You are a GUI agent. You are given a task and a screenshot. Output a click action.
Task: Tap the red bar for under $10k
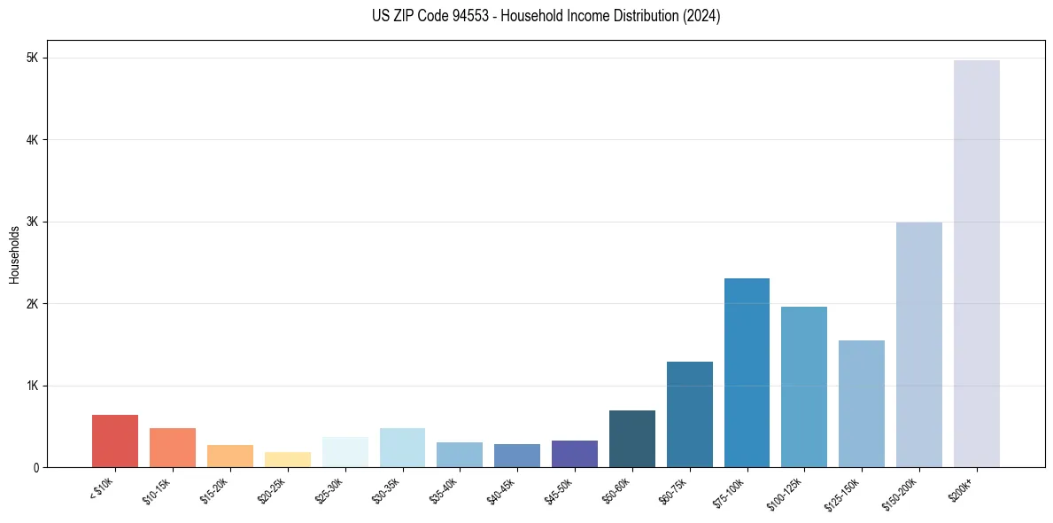[115, 441]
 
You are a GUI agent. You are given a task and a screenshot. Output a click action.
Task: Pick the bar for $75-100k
[747, 372]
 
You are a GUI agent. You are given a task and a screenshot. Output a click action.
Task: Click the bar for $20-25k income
[287, 459]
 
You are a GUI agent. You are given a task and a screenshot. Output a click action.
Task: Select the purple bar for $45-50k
[574, 453]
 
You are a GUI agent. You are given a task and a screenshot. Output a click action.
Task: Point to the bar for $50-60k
[631, 438]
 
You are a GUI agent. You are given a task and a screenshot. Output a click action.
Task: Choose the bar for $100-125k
[804, 386]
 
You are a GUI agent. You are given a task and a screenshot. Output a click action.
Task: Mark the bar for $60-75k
[689, 414]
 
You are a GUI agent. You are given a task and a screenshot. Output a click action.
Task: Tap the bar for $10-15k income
[172, 447]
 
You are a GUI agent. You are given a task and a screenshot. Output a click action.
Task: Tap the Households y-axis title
[14, 254]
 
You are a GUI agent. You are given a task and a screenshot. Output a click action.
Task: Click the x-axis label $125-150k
[844, 492]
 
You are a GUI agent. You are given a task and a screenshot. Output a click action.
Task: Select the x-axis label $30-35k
[387, 491]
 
